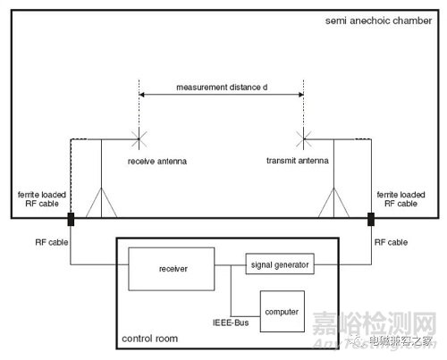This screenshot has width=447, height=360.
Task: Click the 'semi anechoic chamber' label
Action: [x=378, y=21]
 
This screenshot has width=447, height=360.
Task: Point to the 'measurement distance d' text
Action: [x=222, y=88]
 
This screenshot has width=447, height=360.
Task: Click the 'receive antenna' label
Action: [x=157, y=162]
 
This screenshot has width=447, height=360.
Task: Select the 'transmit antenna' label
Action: [x=298, y=161]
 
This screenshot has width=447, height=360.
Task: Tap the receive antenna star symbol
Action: [x=139, y=139]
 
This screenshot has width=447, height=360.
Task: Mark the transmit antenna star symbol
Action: [x=304, y=139]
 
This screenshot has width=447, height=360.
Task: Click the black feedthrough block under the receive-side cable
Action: [x=71, y=219]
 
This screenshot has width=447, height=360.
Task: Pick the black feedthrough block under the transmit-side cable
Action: [x=371, y=219]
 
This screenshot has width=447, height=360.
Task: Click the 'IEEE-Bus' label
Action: [x=231, y=322]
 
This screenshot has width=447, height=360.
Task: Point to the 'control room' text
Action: [x=150, y=339]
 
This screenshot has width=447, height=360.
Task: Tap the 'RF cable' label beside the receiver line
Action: [x=52, y=242]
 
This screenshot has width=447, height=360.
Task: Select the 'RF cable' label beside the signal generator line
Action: [x=391, y=242]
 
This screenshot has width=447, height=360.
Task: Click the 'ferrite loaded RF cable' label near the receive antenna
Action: [x=42, y=199]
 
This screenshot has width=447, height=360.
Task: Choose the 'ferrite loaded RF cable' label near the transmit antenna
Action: [x=401, y=199]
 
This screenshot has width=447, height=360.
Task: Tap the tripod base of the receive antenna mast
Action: [x=101, y=203]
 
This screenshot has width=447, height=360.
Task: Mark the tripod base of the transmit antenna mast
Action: [x=333, y=203]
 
